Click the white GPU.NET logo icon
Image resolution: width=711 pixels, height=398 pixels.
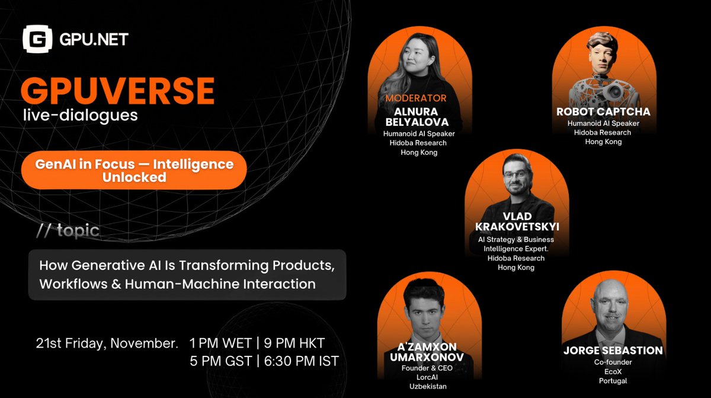point(37,40)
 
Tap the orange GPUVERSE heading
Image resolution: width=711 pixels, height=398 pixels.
point(117,91)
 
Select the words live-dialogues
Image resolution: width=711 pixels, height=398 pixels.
point(79,115)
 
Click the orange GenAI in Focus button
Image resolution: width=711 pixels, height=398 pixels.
point(133,170)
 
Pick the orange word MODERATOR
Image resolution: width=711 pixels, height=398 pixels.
point(415,98)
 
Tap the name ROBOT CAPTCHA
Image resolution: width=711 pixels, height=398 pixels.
point(603,112)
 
